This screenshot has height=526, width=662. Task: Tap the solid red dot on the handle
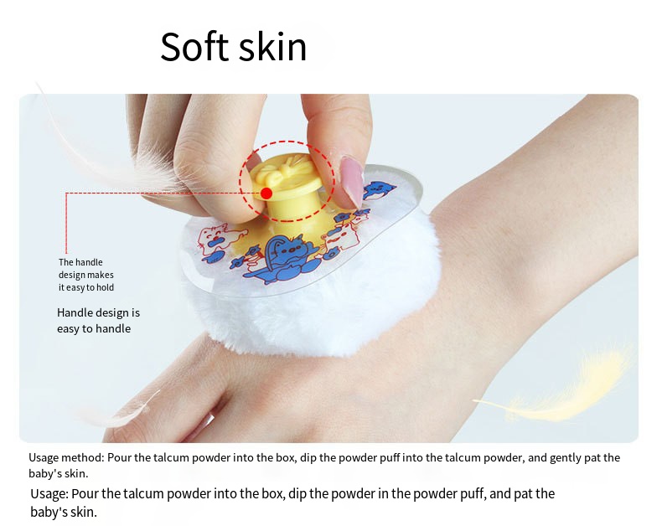pyautogui.click(x=266, y=193)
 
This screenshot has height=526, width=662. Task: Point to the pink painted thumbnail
pyautogui.click(x=351, y=179)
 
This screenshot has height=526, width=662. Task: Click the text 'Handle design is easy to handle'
pyautogui.click(x=98, y=320)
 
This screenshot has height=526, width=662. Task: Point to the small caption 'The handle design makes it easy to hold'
pyautogui.click(x=86, y=275)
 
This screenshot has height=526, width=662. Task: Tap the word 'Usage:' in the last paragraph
pyautogui.click(x=49, y=494)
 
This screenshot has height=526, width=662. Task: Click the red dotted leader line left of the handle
pyautogui.click(x=151, y=193)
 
